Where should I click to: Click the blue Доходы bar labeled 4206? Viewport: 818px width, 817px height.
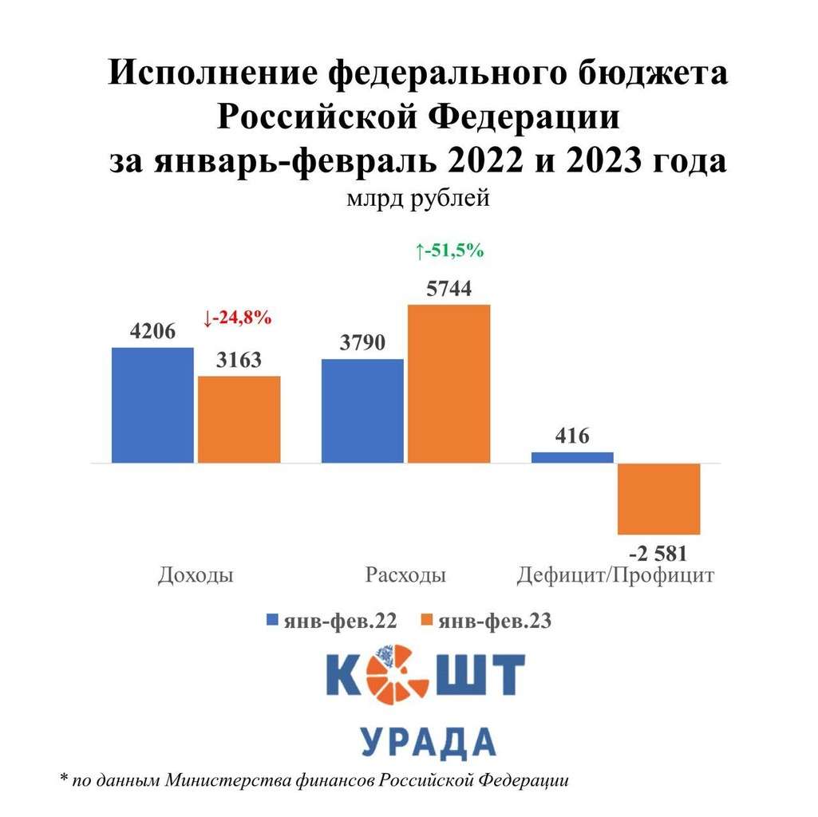(152, 405)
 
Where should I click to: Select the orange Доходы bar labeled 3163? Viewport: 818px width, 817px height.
(239, 419)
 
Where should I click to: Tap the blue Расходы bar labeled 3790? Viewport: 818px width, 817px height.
(362, 410)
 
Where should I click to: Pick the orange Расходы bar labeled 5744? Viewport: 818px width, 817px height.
(449, 383)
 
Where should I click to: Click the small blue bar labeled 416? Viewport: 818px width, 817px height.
(572, 457)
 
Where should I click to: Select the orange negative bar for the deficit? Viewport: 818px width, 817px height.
(658, 499)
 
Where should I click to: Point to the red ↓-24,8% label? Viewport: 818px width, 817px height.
(238, 318)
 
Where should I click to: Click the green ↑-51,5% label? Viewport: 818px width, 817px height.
(449, 251)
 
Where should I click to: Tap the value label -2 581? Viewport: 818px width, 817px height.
(658, 553)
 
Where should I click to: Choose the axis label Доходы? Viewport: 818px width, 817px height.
(196, 575)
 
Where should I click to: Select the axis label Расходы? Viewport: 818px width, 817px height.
(405, 575)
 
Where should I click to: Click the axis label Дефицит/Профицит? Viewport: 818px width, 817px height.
(614, 575)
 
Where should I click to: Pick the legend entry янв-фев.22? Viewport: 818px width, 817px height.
(331, 622)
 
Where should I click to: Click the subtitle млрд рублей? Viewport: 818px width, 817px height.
(417, 199)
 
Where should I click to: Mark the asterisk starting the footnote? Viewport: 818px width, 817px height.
(64, 778)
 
